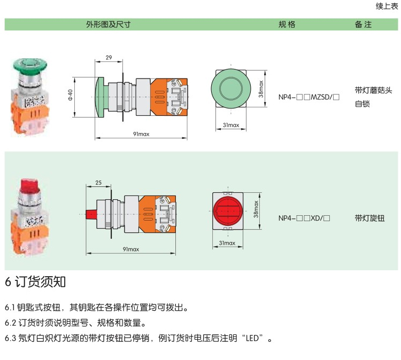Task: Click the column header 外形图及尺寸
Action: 108,25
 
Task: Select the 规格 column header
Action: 287,25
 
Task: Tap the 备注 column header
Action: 363,25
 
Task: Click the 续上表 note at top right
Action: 387,6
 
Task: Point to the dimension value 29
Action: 109,58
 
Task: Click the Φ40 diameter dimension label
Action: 70,95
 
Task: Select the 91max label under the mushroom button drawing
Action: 141,134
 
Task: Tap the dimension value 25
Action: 98,183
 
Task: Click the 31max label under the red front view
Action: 227,243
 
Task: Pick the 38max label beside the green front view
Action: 260,89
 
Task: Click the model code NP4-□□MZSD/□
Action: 309,97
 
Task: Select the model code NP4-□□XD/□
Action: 304,218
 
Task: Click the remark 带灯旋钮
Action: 369,218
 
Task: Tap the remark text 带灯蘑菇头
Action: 373,90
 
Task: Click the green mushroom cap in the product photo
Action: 30,65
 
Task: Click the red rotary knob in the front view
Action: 227,211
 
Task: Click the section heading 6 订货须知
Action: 35,281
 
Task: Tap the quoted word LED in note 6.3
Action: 252,338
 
